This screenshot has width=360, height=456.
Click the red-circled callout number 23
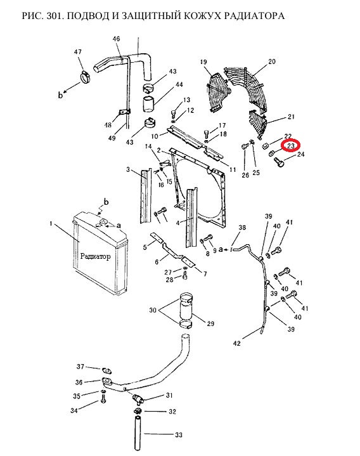(291, 146)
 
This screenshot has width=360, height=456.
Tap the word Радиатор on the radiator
(95, 256)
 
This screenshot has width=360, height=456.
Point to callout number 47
(77, 52)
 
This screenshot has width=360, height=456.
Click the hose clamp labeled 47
(85, 77)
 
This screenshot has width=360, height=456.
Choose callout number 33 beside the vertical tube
(179, 435)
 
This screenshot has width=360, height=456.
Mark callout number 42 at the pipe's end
(237, 343)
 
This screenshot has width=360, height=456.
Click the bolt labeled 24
(279, 162)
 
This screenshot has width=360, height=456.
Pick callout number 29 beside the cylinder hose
(210, 323)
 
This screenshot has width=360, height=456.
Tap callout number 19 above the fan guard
(203, 62)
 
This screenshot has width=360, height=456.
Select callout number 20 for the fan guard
(272, 62)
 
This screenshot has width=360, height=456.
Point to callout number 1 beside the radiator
(51, 223)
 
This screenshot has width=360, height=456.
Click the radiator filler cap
(103, 223)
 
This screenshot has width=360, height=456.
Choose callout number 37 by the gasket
(80, 367)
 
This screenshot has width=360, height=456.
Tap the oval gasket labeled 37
(106, 371)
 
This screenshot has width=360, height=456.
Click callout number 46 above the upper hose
(116, 39)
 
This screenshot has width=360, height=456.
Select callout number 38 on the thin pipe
(242, 228)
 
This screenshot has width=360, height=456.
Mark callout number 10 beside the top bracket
(155, 136)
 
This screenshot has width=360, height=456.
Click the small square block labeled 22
(266, 145)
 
